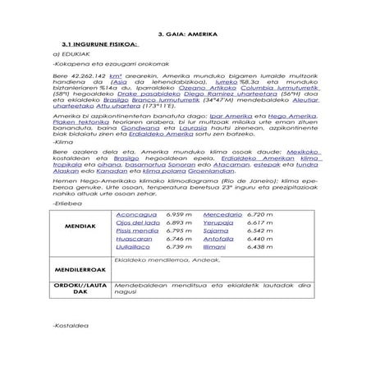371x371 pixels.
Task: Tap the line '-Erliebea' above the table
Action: point(65,199)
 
